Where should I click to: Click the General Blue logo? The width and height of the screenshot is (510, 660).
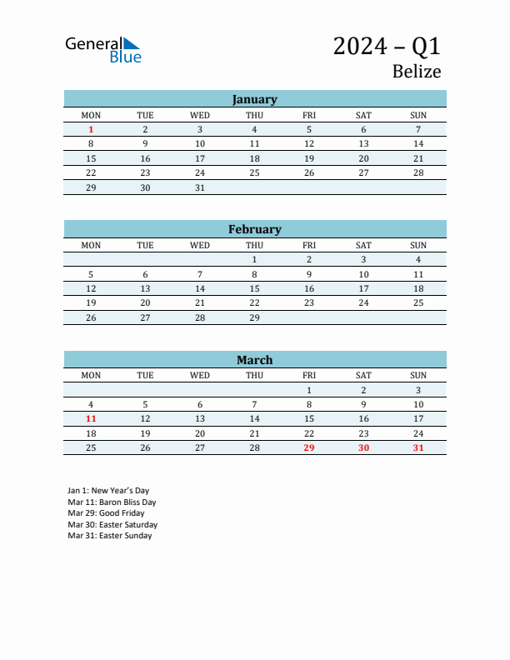click(103, 49)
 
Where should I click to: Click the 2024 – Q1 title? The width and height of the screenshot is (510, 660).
click(387, 46)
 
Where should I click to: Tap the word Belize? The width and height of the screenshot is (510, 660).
click(416, 72)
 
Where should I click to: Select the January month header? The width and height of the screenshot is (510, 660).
click(254, 99)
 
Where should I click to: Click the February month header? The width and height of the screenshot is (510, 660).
click(254, 229)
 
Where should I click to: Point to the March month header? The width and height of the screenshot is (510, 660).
click(254, 360)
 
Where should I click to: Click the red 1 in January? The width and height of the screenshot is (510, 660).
click(91, 129)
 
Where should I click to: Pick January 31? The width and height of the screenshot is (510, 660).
click(200, 187)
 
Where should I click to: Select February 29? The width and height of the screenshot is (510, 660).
click(254, 317)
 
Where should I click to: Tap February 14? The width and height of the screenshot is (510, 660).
click(200, 288)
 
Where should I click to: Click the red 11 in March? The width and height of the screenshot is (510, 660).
click(91, 418)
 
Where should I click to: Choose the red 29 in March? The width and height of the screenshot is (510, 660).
click(309, 447)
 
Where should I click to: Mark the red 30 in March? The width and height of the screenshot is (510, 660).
click(363, 447)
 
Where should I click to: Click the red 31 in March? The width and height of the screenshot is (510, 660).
click(418, 447)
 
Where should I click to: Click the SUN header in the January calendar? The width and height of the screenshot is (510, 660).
click(418, 115)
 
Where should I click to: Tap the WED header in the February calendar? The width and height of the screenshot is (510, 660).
click(200, 245)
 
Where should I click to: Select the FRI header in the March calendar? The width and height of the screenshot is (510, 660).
click(309, 375)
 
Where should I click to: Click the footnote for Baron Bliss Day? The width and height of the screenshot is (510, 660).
click(112, 502)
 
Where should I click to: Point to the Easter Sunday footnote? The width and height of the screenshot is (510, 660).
click(109, 536)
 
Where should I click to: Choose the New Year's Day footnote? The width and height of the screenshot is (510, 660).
click(108, 491)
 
